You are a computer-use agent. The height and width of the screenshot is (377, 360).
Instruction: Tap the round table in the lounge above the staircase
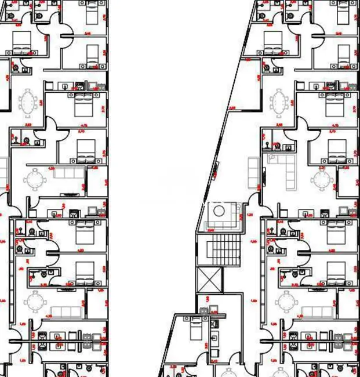coord(220,211)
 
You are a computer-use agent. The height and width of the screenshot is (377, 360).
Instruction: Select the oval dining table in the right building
coord(280,103)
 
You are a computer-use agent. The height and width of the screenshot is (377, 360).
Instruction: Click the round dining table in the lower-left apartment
coord(35,302)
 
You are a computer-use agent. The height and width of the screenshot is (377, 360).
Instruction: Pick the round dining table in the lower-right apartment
coord(286,302)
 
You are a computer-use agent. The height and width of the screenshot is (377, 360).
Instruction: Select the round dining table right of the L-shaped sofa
coord(321,179)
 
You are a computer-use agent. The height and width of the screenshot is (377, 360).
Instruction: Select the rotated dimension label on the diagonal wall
coord(216,169)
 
